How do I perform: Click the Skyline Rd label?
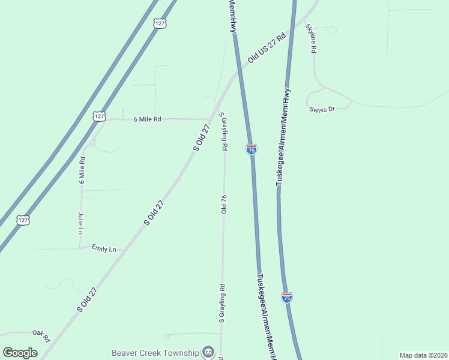pos(311,39)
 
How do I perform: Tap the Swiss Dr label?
pos(321,109)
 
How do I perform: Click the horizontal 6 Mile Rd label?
pos(148,119)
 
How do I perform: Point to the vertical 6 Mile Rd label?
pos(82,170)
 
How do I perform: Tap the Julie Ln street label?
pos(80,223)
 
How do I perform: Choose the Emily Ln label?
pos(103,248)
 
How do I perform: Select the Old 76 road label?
pos(223,204)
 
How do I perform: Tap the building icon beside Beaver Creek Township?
pos(208,352)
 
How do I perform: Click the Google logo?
pos(20,352)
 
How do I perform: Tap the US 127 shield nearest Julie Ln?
pos(23,220)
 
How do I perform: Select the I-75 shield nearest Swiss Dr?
pos(252,149)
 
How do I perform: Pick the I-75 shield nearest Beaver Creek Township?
pos(287,297)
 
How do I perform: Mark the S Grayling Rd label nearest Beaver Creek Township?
pos(221,304)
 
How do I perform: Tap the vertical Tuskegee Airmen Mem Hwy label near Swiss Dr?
pos(283,137)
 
